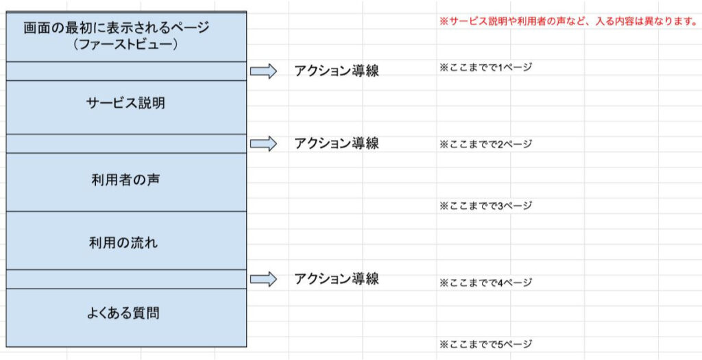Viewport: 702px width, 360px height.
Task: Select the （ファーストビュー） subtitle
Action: (126, 45)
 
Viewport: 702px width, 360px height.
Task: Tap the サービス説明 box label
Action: (126, 103)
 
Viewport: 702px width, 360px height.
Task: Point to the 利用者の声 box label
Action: (126, 180)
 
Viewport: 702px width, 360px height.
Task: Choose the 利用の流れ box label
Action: (123, 243)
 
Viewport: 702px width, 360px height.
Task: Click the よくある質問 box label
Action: (123, 313)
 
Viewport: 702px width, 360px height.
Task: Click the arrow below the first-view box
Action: (263, 71)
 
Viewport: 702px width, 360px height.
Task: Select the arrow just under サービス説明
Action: (263, 143)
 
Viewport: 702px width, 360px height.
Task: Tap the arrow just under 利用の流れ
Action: (263, 279)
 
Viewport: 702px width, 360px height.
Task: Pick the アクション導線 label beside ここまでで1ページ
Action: (336, 71)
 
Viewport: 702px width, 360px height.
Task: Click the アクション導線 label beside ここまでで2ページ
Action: (336, 143)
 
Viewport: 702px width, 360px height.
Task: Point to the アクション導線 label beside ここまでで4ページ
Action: (336, 279)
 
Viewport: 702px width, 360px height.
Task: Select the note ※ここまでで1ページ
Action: (485, 68)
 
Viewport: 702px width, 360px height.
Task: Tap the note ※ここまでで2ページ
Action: (485, 144)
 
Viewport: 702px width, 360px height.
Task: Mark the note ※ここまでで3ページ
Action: (485, 206)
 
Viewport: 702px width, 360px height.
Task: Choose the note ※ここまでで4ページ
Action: (485, 283)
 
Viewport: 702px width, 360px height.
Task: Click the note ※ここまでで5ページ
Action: (485, 344)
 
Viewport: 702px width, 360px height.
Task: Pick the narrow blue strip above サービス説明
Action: (126, 71)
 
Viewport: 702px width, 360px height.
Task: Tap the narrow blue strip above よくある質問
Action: (126, 279)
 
